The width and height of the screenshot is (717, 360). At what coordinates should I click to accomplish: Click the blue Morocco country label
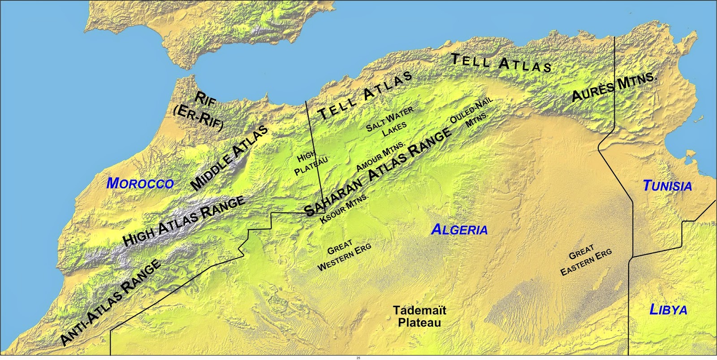(x=140, y=183)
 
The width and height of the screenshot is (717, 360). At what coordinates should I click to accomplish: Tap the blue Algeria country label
(x=459, y=230)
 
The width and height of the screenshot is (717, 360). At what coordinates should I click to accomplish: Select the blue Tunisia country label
(x=667, y=186)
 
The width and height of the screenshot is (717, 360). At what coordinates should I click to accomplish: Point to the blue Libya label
(x=668, y=309)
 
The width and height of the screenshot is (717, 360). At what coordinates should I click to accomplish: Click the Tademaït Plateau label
(x=419, y=316)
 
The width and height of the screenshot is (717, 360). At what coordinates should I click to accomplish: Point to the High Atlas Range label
(x=184, y=221)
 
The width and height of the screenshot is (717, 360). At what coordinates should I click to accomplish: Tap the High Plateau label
(x=311, y=163)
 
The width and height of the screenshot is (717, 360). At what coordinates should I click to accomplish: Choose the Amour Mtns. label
(x=380, y=156)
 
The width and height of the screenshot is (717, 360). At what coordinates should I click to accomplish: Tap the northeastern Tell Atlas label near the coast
(x=501, y=63)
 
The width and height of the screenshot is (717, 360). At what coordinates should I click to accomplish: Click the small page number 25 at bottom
(x=358, y=358)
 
